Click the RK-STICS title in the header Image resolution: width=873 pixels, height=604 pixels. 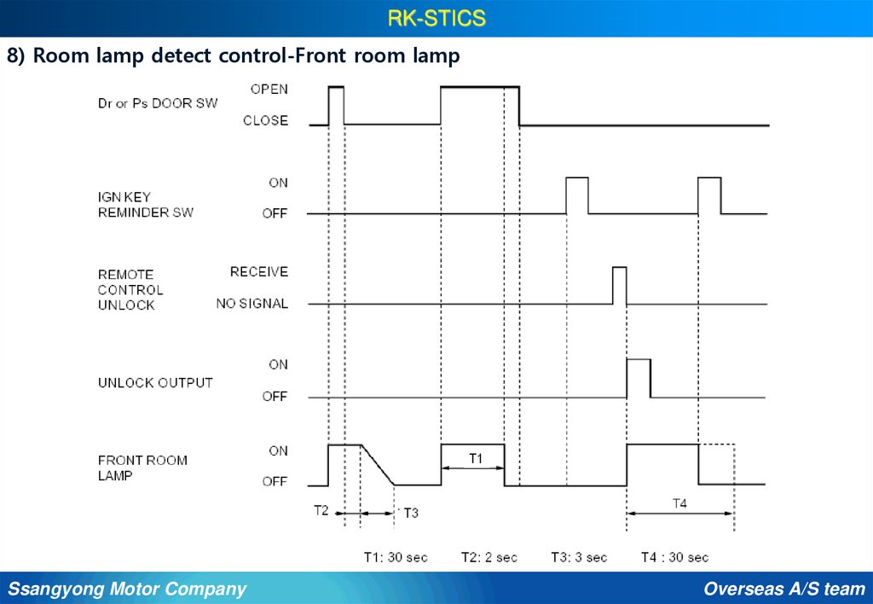coord(436,18)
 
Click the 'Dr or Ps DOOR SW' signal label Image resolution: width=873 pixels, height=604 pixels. coord(158,103)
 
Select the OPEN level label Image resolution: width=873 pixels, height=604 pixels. coord(269,89)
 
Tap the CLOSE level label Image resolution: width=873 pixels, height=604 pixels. coord(265,121)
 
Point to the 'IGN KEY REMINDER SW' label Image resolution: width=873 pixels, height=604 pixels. coord(145,204)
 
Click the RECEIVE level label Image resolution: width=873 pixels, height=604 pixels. coord(259,272)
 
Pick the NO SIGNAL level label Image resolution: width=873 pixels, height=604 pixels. coord(252,304)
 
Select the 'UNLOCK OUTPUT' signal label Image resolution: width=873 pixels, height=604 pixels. coord(155,383)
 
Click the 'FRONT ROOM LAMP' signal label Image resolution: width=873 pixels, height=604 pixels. coord(142,468)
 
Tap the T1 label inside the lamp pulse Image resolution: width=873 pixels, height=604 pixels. coord(477,458)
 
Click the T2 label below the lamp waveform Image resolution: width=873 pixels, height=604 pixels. coord(321,510)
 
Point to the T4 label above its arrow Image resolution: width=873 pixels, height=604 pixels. coord(679,503)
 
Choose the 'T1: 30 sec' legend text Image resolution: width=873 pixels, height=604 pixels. coord(396,557)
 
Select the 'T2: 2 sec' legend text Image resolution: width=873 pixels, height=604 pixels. coord(489,557)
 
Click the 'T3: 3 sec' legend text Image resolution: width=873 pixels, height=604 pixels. coord(579,557)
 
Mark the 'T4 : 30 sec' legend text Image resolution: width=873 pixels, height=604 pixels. coord(674,557)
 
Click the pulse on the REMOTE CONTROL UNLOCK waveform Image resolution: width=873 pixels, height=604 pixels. coord(619,285)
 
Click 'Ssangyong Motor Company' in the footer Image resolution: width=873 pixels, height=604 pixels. coord(127,589)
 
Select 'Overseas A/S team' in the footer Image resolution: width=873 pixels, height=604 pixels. coord(784,589)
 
